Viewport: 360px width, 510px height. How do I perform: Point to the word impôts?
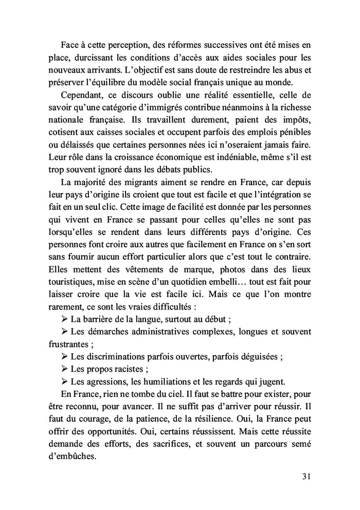297,121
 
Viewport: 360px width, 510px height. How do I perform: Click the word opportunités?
114,433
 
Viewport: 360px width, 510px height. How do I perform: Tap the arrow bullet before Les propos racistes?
64,369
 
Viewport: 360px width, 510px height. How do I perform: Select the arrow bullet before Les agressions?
64,381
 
